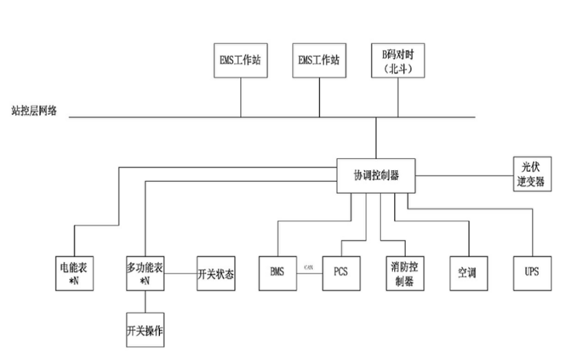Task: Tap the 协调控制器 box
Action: point(375,175)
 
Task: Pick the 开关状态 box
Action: point(215,274)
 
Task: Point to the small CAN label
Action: point(310,268)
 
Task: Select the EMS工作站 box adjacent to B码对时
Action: point(319,61)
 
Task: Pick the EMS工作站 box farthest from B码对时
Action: point(240,61)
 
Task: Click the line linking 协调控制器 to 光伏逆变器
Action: point(464,176)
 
